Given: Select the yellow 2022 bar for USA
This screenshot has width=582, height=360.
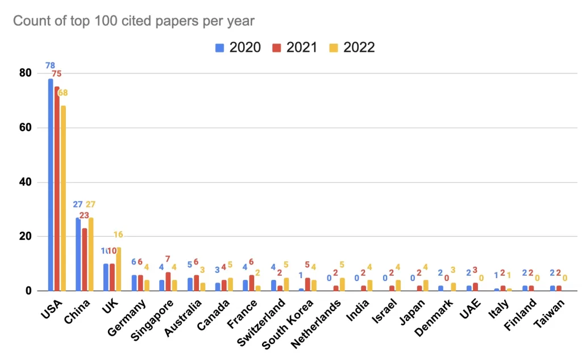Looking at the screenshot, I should (63, 198).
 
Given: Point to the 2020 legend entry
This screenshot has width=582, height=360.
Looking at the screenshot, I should (238, 47).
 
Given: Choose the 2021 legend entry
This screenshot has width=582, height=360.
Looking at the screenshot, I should (296, 47).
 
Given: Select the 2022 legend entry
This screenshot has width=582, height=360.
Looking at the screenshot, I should (352, 47).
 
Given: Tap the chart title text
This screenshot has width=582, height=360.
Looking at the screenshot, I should (134, 21).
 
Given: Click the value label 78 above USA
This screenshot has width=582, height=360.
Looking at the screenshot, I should (51, 65).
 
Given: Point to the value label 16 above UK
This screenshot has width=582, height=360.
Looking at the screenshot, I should (118, 235).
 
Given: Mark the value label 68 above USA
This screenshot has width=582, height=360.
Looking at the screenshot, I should (63, 93).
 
